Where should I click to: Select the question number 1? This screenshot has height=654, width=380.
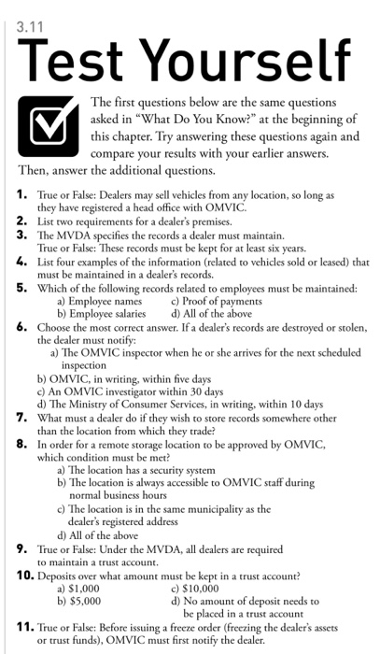(x=22, y=196)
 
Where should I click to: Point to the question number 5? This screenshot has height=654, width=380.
(x=22, y=280)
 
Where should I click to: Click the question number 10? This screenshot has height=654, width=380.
(x=25, y=574)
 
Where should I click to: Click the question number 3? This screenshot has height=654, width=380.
(x=22, y=233)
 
